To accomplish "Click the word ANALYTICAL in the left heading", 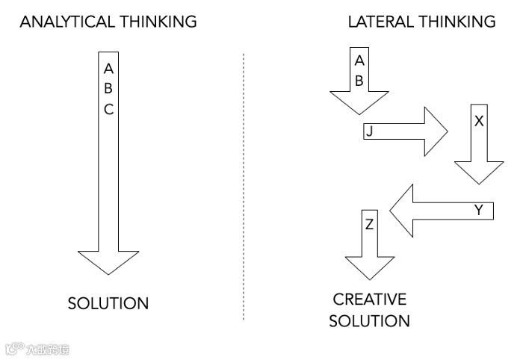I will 64,22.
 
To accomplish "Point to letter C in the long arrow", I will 108,109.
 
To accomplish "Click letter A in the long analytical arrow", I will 108,69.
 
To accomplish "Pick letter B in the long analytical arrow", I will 108,89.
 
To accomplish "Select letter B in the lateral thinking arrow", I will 359,81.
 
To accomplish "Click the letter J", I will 369,132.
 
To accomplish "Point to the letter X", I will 479,120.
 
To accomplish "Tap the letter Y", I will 479,211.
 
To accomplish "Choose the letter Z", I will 370,224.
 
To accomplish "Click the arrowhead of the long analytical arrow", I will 108,261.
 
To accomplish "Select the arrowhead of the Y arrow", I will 404,210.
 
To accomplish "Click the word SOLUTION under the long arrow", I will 108,303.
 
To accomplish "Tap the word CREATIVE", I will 370,300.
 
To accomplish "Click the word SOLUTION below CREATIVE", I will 370,322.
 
